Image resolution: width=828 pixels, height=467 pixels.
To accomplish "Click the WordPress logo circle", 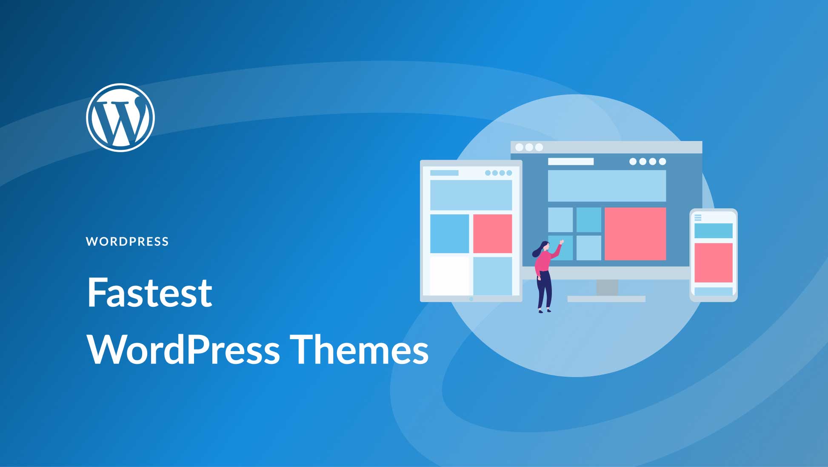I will point(120,118).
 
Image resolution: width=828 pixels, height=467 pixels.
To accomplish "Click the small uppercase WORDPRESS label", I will point(127,242).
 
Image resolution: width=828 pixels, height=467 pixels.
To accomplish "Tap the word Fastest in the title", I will point(149,293).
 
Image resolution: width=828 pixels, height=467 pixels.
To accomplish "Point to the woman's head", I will point(544,247).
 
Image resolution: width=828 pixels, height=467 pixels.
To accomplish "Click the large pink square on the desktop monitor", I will point(635,233).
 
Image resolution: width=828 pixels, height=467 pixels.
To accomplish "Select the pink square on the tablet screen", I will point(492,233).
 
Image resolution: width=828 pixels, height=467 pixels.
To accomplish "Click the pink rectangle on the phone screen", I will point(713,262).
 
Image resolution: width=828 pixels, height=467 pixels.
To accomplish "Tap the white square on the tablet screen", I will point(449,275).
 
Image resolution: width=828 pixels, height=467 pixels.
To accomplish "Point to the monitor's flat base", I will point(606,299).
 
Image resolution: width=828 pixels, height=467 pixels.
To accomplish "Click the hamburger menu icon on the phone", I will point(698,218).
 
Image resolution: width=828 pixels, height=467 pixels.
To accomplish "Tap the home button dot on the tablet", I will point(471,299).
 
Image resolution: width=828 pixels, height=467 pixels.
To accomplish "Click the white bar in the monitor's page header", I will point(570,161).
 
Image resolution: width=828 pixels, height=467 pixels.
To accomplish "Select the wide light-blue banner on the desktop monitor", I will point(606,186).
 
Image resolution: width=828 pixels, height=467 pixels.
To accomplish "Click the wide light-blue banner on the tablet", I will point(471,195).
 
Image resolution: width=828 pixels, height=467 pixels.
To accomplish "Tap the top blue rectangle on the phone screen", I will point(713,231).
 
